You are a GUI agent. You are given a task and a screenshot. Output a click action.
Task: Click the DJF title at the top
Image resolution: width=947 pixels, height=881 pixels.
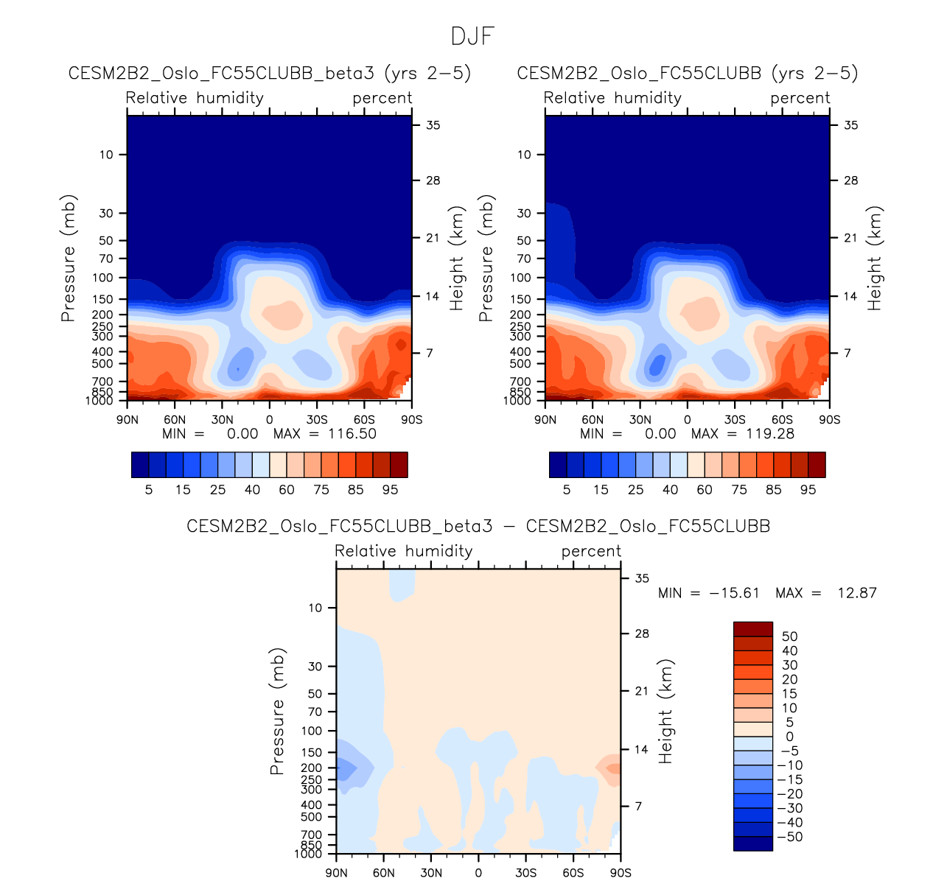(x=472, y=36)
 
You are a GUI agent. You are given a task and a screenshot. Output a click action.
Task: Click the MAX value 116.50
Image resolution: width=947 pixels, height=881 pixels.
(x=352, y=434)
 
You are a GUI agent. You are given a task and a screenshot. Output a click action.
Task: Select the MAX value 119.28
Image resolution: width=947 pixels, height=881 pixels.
(x=770, y=434)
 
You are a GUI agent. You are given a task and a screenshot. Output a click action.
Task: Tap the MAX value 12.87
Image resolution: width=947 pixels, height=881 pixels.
(x=857, y=593)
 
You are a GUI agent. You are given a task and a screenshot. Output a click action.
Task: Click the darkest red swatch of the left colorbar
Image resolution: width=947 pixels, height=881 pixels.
(x=399, y=465)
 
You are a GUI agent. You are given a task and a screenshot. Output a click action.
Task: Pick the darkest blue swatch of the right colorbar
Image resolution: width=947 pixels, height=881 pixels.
(x=558, y=465)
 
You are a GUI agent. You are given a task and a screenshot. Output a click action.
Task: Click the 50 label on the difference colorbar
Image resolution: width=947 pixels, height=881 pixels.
(x=790, y=636)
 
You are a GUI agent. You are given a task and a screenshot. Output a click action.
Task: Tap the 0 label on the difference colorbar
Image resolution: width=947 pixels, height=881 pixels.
(x=790, y=737)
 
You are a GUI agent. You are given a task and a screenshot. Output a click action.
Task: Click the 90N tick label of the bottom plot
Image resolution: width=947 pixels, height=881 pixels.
(x=336, y=873)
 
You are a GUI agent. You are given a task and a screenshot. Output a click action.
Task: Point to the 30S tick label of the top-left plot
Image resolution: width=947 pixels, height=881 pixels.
(x=317, y=420)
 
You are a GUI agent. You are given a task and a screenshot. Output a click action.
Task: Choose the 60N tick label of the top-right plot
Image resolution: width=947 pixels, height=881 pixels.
(x=593, y=420)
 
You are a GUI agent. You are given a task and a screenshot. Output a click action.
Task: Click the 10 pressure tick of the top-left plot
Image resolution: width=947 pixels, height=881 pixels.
(x=107, y=155)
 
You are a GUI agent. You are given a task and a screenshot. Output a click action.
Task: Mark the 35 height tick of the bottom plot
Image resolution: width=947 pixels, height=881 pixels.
(x=642, y=578)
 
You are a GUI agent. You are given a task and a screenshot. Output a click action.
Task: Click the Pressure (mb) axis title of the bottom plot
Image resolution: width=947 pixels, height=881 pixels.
(x=277, y=712)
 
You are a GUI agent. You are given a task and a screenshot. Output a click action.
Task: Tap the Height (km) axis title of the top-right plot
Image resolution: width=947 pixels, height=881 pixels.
(x=875, y=259)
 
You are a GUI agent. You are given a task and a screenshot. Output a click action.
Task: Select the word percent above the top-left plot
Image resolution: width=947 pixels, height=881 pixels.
(x=382, y=98)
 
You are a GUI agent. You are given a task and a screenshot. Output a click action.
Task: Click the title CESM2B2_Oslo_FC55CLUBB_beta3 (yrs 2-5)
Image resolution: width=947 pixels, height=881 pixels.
(x=270, y=73)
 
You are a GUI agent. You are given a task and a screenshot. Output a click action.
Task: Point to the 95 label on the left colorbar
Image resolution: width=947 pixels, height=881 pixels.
(x=390, y=490)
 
